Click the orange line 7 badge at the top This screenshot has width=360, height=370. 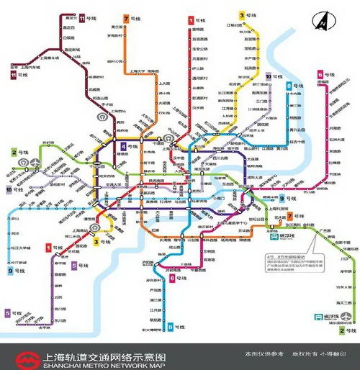[x=127, y=17]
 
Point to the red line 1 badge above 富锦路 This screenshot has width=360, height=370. [x=191, y=19]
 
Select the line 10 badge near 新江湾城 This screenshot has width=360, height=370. [x=269, y=76]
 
